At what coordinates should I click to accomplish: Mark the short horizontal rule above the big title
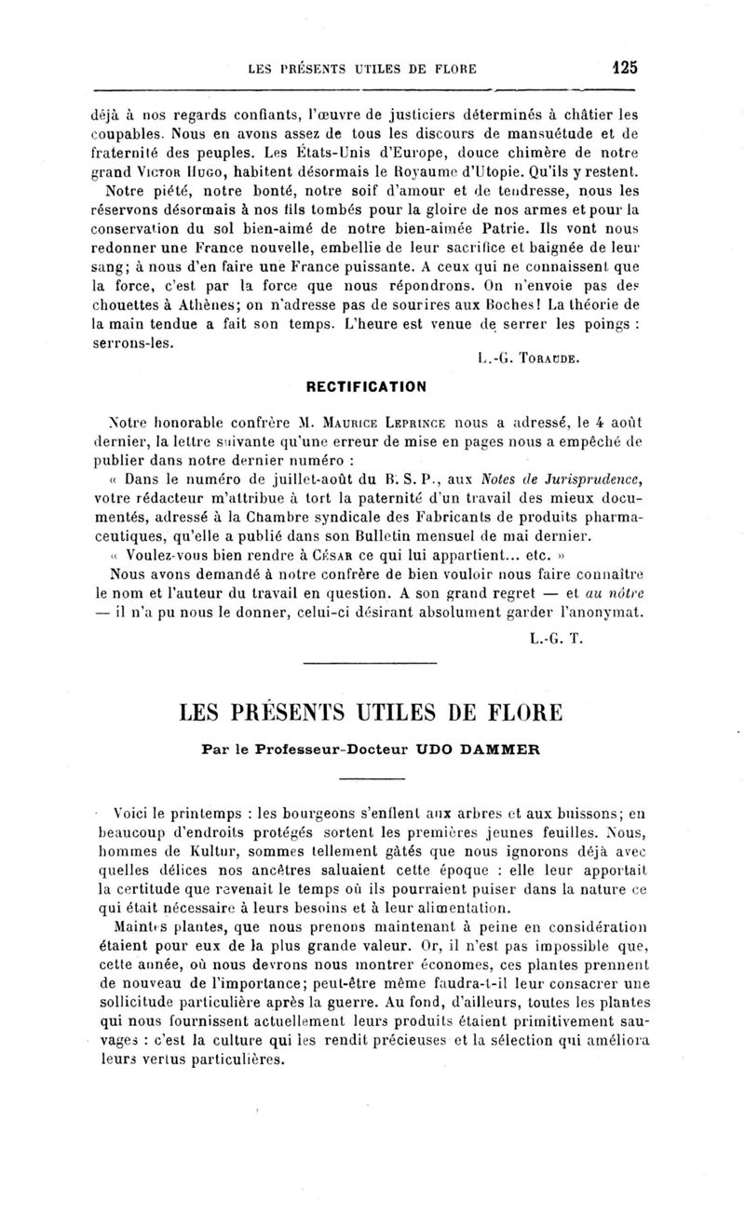tap(371, 663)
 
